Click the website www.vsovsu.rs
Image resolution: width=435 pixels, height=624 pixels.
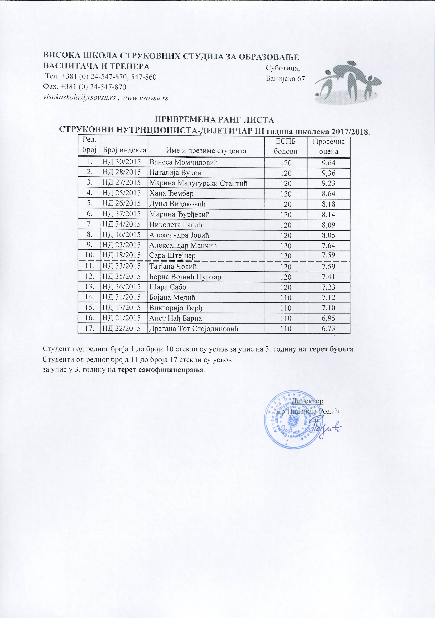pyautogui.click(x=145, y=98)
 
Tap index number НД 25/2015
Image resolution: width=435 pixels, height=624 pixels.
pyautogui.click(x=122, y=193)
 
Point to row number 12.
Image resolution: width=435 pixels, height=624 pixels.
pyautogui.click(x=89, y=277)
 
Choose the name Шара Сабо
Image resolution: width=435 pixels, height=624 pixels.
pyautogui.click(x=168, y=287)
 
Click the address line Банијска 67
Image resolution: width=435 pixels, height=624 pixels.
pyautogui.click(x=285, y=79)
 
